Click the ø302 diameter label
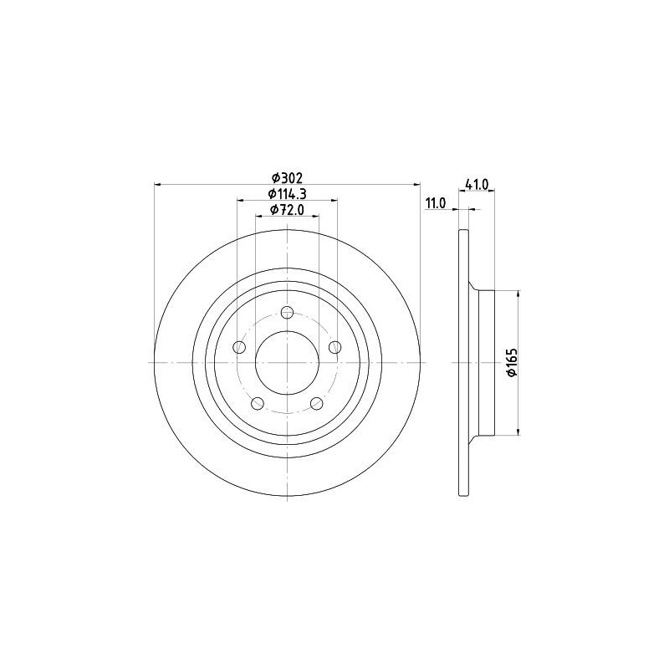point(287,176)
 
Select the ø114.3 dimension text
point(287,194)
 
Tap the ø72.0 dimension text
point(287,210)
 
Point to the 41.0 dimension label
point(477,184)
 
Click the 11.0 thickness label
point(435,203)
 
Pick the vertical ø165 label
point(512,362)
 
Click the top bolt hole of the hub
point(288,313)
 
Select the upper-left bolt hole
point(240,347)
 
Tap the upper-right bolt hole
point(335,347)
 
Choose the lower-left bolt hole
point(258,403)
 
